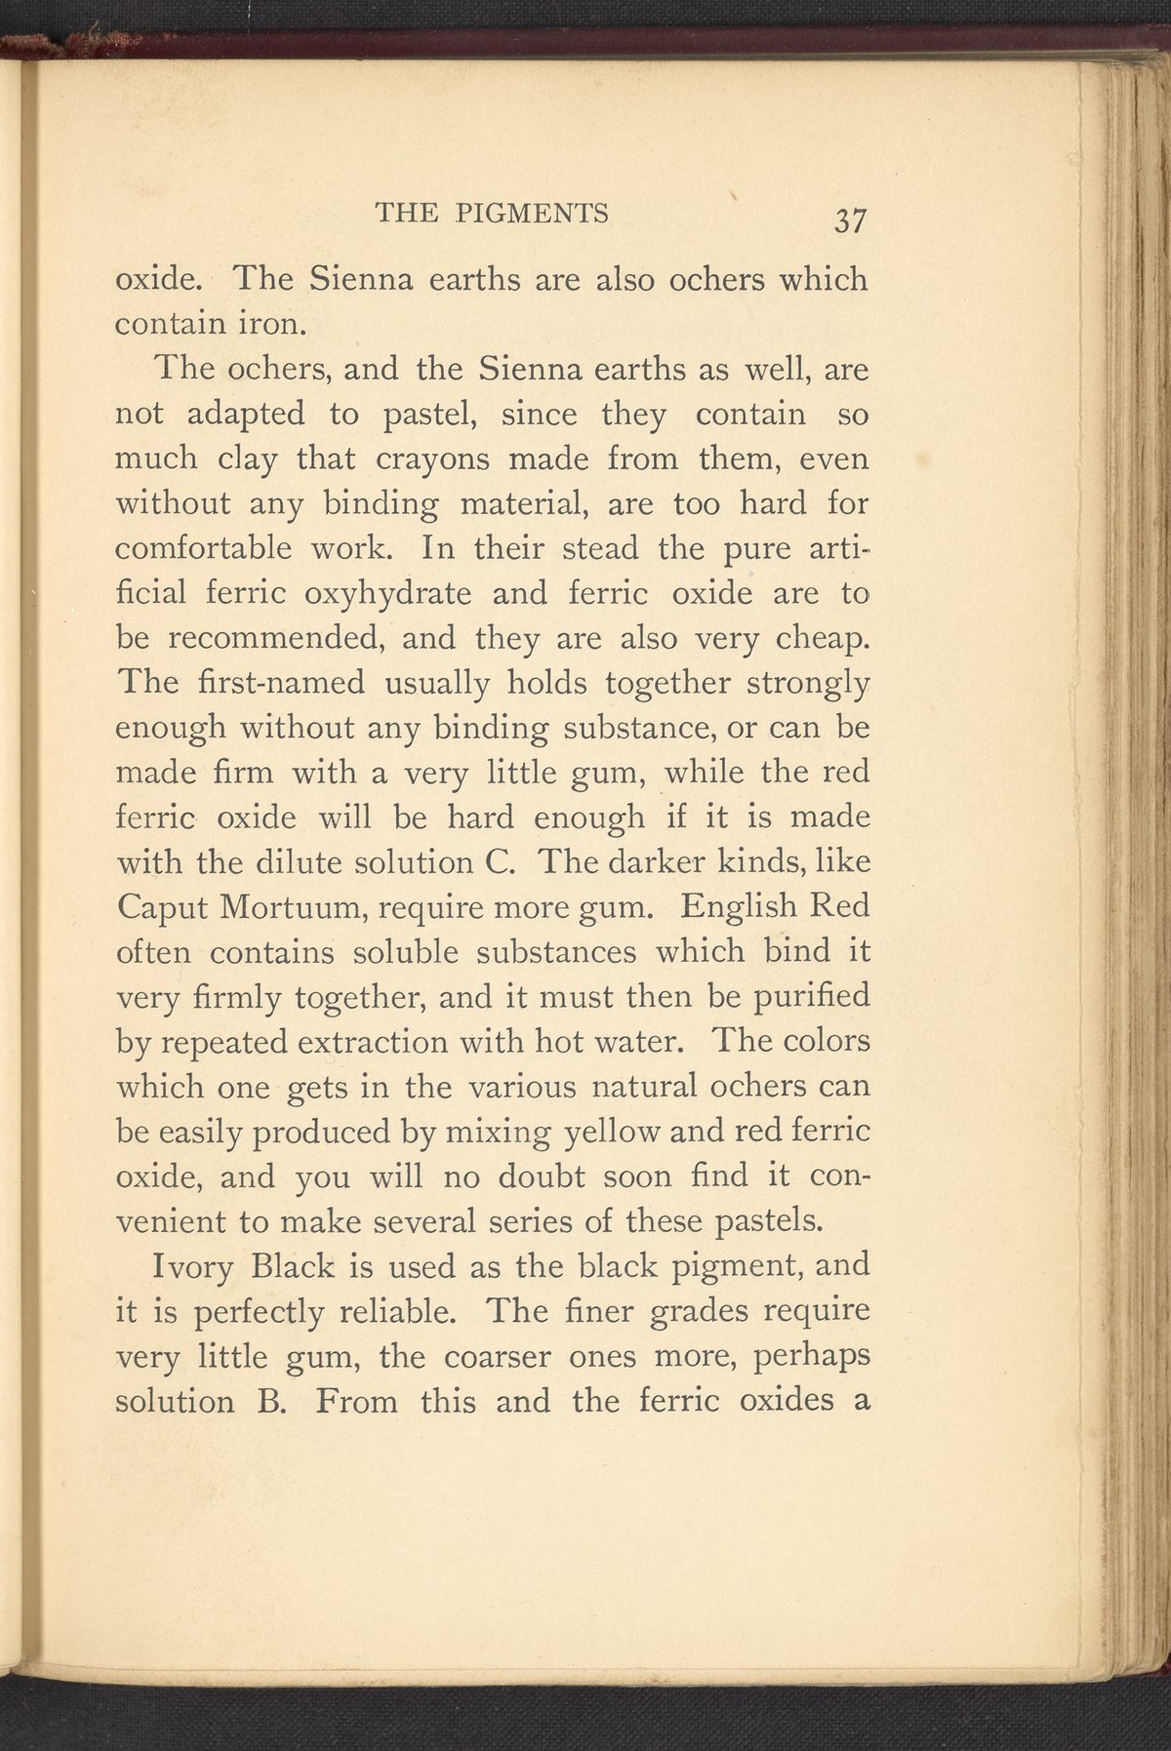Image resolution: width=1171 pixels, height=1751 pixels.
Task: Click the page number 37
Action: pyautogui.click(x=849, y=220)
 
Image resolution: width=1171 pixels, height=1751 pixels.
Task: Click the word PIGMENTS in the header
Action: pyautogui.click(x=532, y=213)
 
